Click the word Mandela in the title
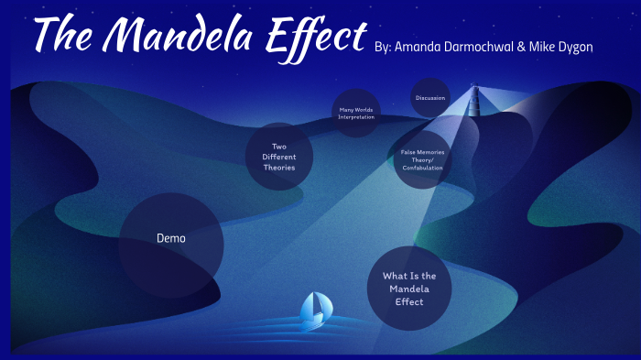174,37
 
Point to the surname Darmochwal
487,47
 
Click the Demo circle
171,245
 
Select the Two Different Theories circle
280,157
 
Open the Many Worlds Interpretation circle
355,113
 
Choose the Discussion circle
429,97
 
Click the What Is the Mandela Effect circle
409,289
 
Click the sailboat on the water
314,309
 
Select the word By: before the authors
384,47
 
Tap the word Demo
171,238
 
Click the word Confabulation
422,168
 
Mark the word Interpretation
355,117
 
